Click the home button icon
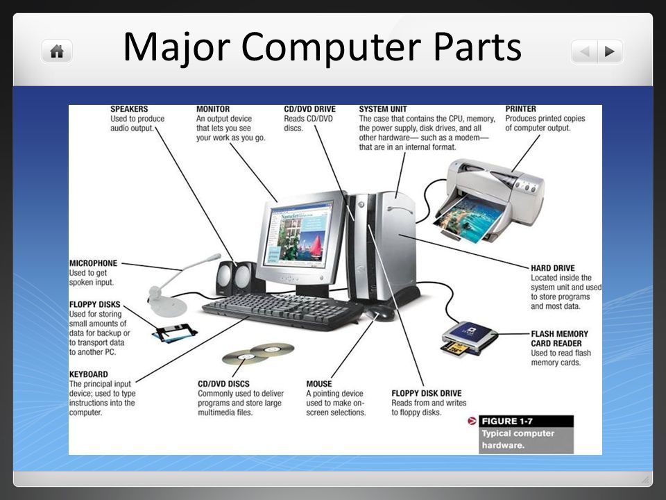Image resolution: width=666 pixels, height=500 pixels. click(57, 51)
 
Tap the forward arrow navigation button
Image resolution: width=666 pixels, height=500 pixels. click(610, 51)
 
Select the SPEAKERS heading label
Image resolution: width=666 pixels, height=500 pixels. click(129, 109)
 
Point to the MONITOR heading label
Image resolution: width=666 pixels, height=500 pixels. click(213, 109)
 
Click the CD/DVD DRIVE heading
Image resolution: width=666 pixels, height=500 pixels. click(309, 109)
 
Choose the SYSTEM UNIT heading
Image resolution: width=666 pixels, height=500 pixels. click(383, 109)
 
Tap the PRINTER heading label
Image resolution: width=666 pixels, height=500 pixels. click(520, 109)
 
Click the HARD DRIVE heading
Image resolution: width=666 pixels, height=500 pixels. click(553, 268)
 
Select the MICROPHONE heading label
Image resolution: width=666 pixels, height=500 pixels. click(93, 263)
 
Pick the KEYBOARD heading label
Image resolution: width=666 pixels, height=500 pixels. click(88, 374)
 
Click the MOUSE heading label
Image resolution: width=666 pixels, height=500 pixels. click(319, 383)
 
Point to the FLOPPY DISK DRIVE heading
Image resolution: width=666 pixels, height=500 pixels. click(427, 393)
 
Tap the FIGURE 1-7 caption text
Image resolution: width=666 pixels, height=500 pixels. click(507, 422)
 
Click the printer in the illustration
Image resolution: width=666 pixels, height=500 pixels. click(488, 200)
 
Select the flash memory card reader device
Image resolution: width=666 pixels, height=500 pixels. click(469, 337)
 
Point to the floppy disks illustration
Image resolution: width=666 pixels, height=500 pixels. click(175, 333)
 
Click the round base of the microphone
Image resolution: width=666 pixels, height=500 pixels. click(168, 305)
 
